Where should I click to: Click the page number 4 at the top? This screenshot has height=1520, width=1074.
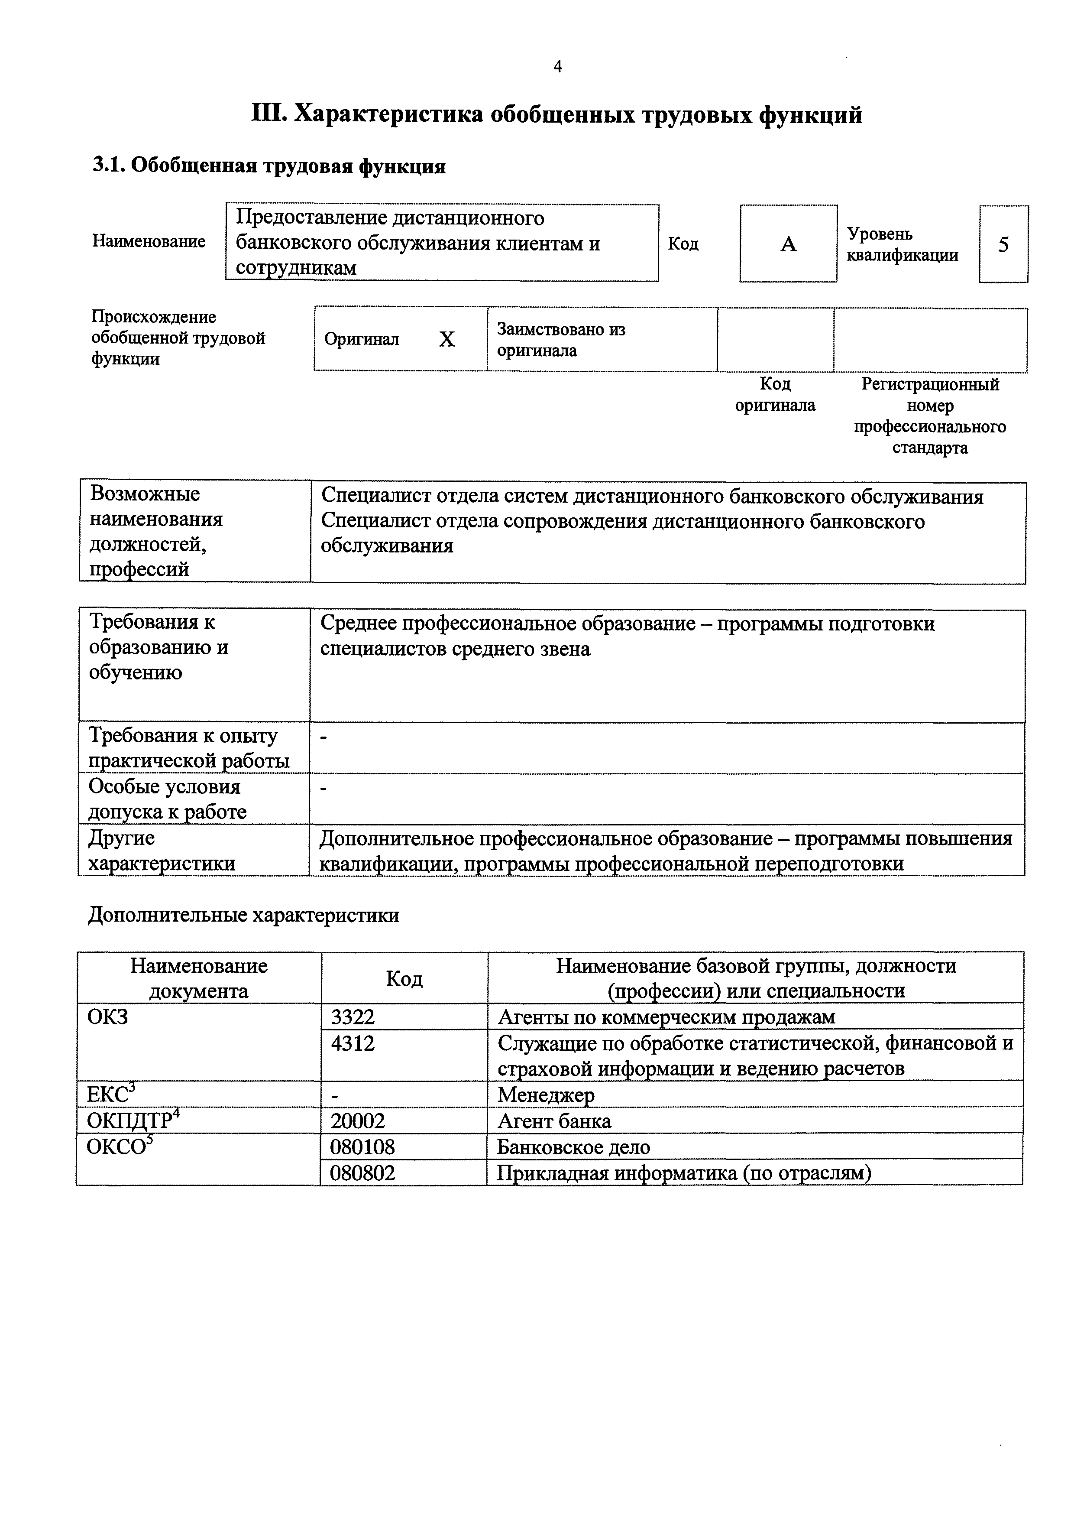pos(557,66)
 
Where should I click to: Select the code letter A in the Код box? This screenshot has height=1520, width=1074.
pos(788,245)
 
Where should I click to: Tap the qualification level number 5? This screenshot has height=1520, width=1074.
pos(1003,245)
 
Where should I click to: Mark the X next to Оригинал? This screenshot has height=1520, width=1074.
pos(447,340)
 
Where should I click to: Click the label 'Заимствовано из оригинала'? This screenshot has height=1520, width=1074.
pos(561,340)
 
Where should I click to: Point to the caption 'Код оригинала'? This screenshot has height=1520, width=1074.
pos(775,395)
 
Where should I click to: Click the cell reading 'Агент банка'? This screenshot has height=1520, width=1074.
pos(554,1121)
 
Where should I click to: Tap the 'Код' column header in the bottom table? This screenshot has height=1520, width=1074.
pos(404,978)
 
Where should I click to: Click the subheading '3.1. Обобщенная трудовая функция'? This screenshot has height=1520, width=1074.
pos(268,166)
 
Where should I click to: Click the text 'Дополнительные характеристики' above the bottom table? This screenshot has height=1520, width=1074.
pos(243,916)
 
